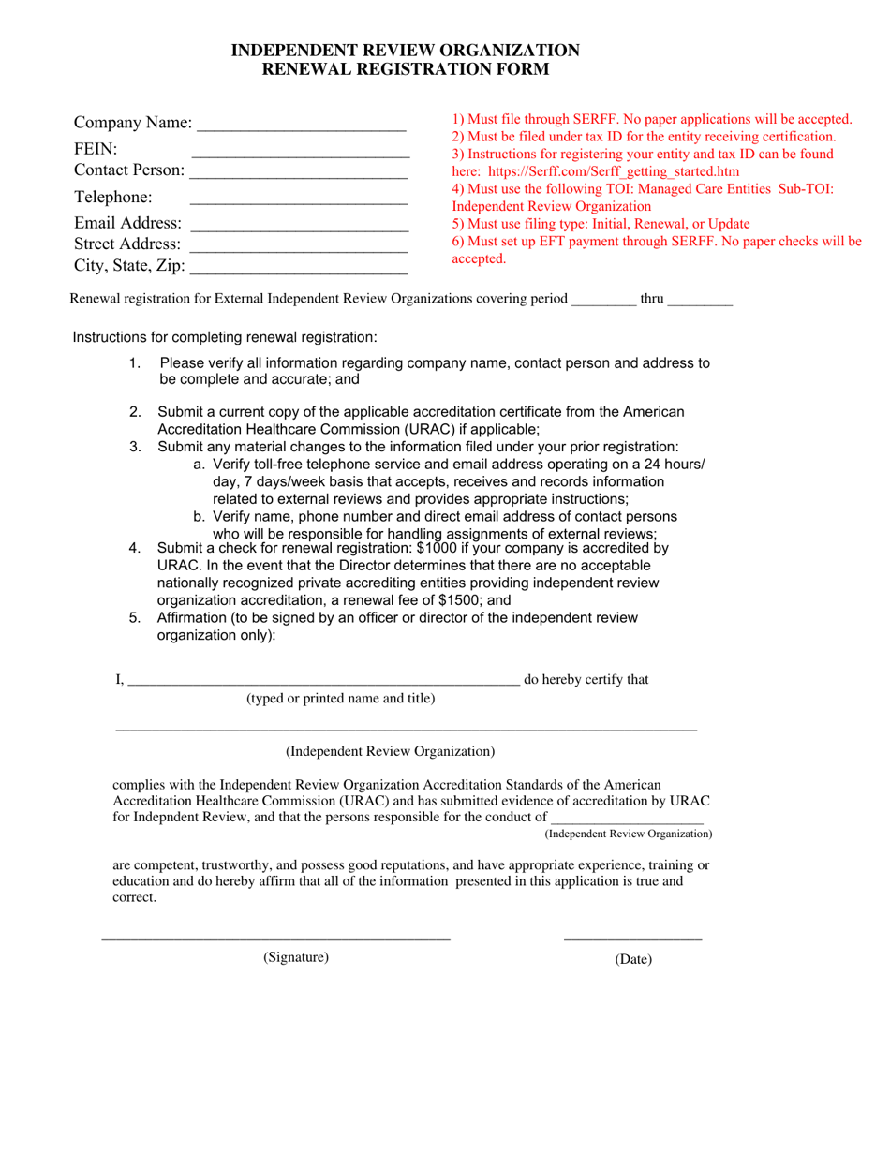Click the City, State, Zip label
129,265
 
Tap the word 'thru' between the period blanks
652,299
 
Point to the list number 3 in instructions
136,447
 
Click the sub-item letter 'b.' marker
200,517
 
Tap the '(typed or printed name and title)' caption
340,698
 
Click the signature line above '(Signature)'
275,938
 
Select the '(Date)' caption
633,959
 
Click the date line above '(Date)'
632,938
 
